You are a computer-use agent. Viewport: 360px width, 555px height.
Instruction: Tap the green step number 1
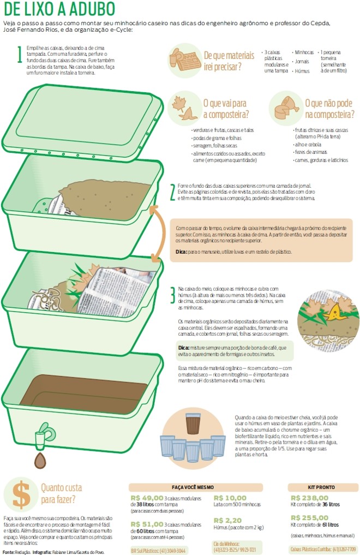(x=20, y=55)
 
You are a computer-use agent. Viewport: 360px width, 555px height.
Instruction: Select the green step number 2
(x=172, y=192)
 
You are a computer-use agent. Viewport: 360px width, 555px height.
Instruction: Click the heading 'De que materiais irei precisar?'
(x=229, y=60)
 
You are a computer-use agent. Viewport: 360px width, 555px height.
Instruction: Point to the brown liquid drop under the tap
(x=39, y=461)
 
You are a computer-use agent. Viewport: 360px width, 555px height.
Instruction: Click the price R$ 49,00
(x=147, y=498)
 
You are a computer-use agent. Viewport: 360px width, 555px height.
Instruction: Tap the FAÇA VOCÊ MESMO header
(x=195, y=487)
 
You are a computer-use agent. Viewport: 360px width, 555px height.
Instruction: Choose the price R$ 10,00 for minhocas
(x=230, y=498)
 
